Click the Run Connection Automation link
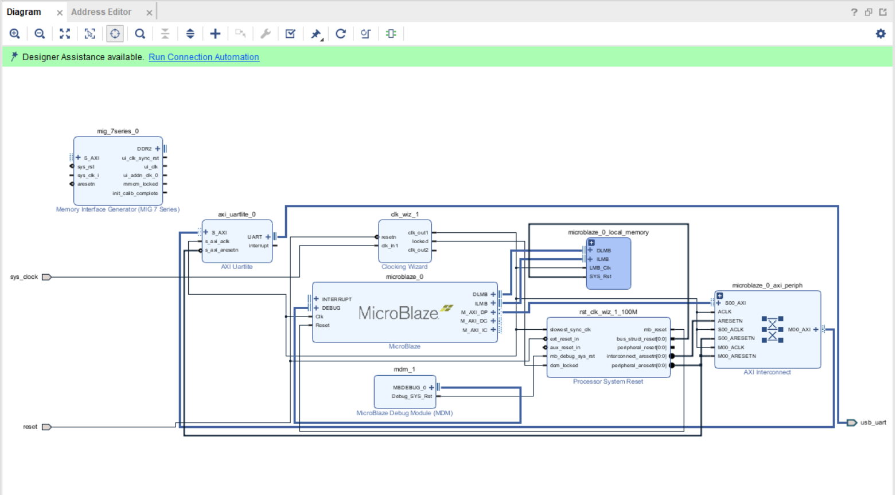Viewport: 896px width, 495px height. (204, 57)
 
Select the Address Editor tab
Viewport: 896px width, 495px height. (101, 12)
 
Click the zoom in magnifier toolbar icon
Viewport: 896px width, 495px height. (15, 34)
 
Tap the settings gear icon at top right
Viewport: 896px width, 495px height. (881, 34)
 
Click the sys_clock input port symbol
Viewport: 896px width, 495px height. (46, 277)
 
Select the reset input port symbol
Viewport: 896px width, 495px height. (46, 427)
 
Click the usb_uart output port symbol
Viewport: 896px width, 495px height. (852, 423)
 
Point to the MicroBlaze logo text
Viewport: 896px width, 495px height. (398, 313)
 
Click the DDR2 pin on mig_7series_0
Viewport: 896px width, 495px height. (145, 149)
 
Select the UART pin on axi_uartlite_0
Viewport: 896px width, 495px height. (255, 237)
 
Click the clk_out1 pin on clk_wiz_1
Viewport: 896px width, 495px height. (418, 233)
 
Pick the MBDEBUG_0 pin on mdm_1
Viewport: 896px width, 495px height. (410, 388)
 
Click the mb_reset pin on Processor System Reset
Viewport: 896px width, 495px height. (655, 330)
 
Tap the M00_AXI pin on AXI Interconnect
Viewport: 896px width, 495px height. (799, 330)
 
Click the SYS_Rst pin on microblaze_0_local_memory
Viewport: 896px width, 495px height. (600, 276)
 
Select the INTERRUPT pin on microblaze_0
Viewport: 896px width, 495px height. (337, 299)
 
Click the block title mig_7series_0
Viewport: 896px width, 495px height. (118, 131)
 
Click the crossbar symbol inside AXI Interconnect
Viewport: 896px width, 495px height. (772, 329)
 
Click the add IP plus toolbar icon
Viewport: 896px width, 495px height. (215, 34)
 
